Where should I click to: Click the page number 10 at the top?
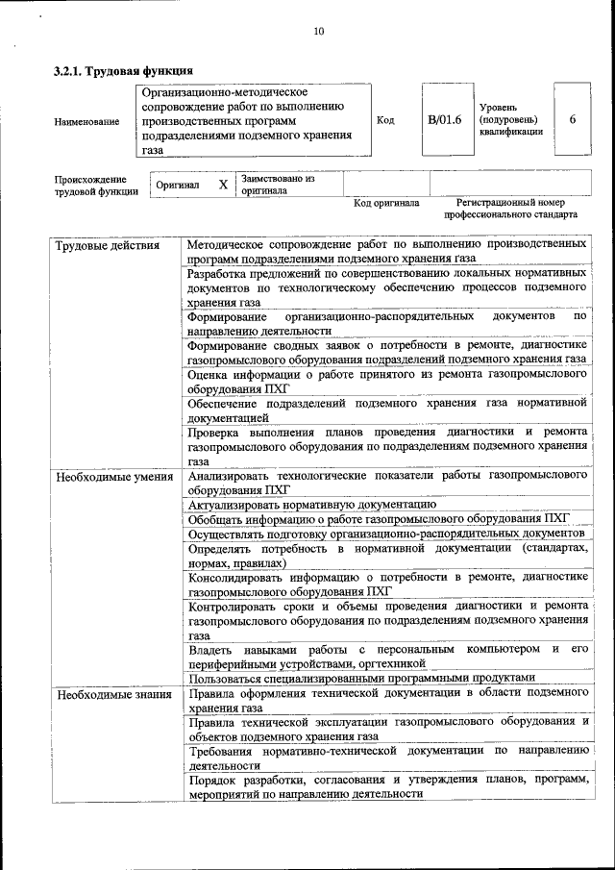pos(318,32)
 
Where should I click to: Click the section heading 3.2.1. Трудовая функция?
pos(123,70)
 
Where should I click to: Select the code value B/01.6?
pos(445,120)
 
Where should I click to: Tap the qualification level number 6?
pos(573,120)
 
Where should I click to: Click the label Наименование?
pos(86,121)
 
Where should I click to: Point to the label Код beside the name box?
pos(385,120)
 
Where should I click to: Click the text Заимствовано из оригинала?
pos(278,185)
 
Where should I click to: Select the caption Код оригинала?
pos(386,203)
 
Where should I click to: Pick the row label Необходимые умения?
pos(113,476)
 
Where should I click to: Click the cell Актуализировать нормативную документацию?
pos(312,504)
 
